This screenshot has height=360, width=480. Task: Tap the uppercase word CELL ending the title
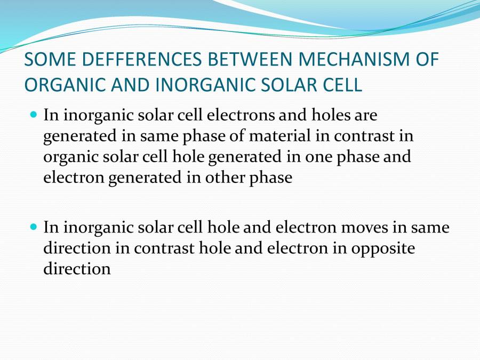341,85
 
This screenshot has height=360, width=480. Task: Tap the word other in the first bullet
226,178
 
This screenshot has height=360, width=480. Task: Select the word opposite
382,249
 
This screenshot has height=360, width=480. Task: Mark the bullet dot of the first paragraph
34,114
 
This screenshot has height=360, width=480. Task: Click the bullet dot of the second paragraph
34,227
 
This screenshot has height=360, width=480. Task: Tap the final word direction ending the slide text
77,269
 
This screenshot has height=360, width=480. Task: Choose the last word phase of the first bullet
270,178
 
